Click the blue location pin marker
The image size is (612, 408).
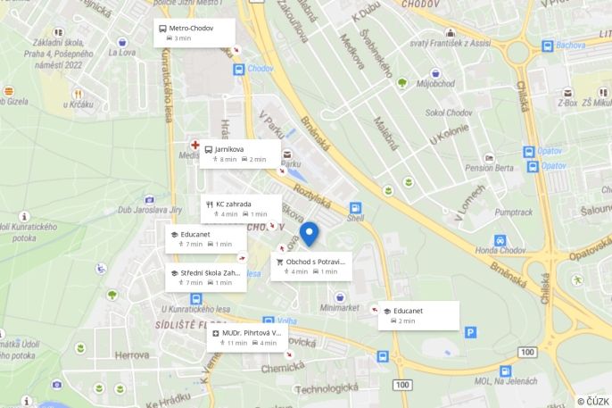click(309, 234)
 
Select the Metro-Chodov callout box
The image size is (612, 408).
click(194, 33)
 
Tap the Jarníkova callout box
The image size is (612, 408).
click(240, 154)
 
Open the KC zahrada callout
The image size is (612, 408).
click(240, 208)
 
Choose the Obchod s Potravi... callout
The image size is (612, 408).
click(310, 266)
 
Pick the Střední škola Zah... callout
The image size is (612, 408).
click(206, 277)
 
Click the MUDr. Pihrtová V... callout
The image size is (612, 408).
click(247, 337)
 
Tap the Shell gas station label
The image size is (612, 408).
click(356, 217)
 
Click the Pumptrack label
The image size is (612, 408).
click(513, 212)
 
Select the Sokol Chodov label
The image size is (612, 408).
click(447, 112)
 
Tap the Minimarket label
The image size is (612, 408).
click(339, 308)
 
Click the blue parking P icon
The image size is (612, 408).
click(470, 332)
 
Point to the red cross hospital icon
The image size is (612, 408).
click(194, 144)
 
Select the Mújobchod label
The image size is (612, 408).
click(435, 85)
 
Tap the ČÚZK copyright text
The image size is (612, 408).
click(593, 401)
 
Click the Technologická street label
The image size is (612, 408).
click(327, 388)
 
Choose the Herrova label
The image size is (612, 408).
click(132, 354)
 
